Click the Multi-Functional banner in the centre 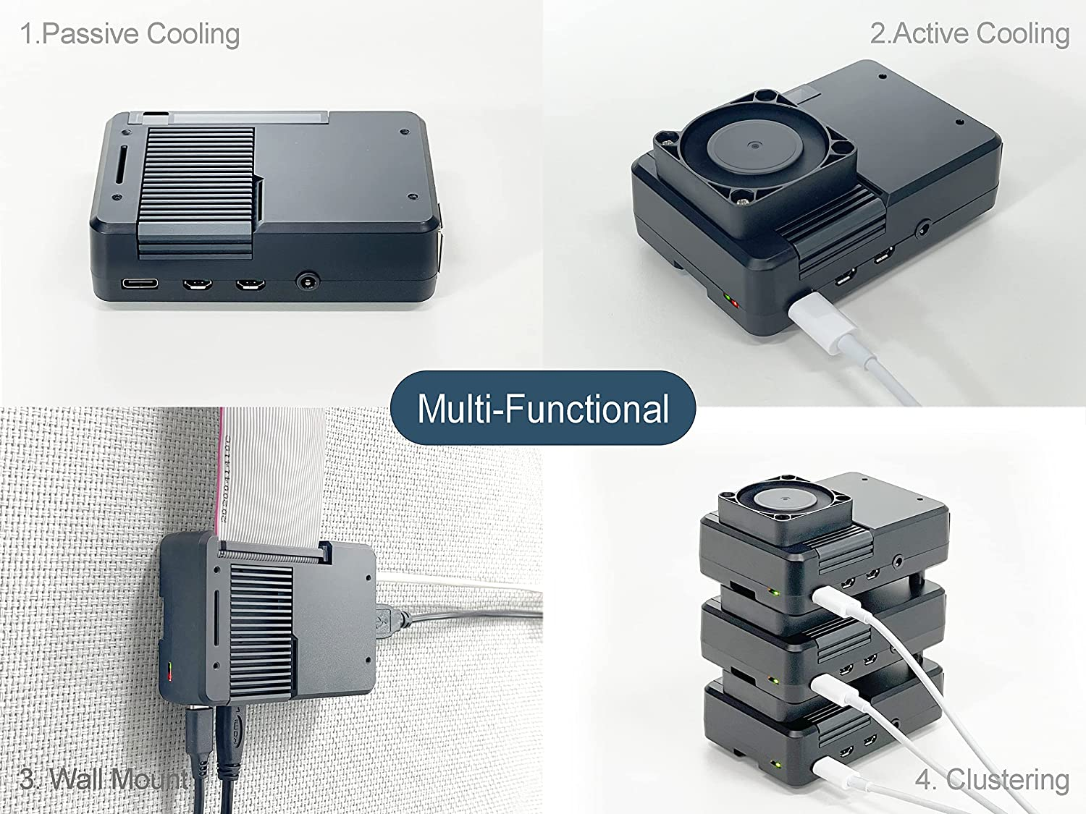[543, 408]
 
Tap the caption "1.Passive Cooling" [130, 34]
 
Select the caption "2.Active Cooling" [969, 33]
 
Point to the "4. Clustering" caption [992, 779]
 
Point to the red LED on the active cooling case [736, 303]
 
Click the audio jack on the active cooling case [924, 231]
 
